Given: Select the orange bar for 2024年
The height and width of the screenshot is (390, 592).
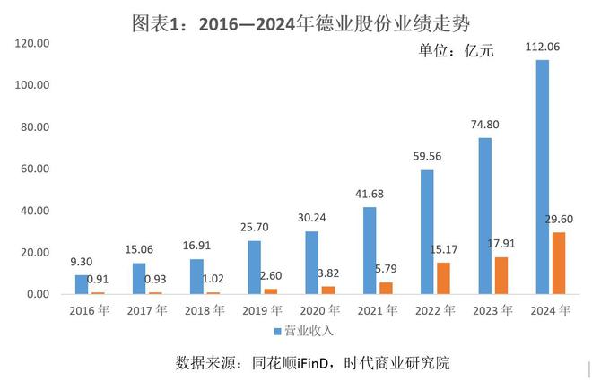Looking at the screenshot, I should tap(559, 263).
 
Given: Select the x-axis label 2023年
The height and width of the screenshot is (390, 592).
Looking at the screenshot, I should tap(492, 311).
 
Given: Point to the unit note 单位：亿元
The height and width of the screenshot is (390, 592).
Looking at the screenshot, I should tap(456, 52).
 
